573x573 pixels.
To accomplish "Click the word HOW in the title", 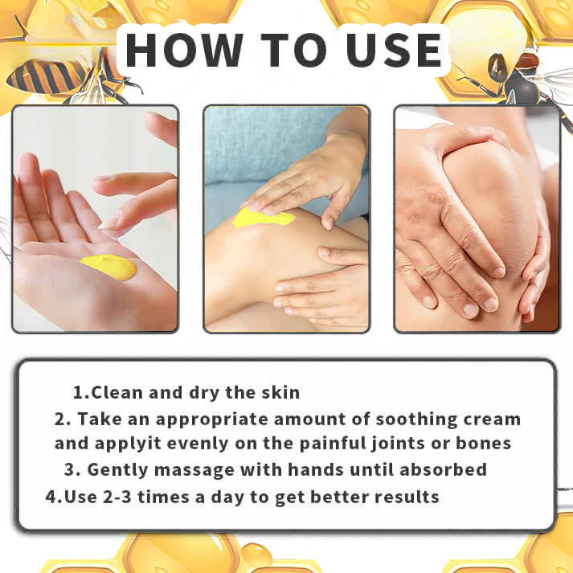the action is click(184, 50).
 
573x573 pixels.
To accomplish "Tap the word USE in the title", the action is click(394, 50).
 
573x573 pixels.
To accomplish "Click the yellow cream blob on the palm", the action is click(108, 267).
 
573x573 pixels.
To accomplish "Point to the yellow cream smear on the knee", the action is click(264, 218).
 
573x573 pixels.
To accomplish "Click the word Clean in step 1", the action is click(117, 392).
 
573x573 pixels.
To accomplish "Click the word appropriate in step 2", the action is click(212, 420).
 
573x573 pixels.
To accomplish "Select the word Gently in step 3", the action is click(117, 470).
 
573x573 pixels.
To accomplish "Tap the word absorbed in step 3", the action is click(443, 469).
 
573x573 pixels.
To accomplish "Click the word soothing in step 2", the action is click(416, 420).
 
